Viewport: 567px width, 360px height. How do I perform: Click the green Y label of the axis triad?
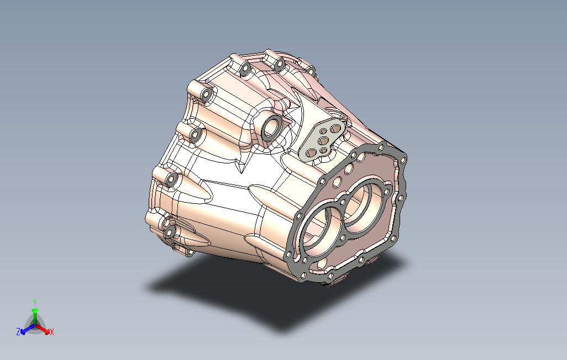[x=35, y=302]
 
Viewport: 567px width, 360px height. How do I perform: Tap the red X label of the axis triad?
[x=52, y=331]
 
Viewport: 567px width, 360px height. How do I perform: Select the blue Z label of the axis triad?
[x=18, y=331]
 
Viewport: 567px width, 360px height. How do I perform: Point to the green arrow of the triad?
[x=35, y=316]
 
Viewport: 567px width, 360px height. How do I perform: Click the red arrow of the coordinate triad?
[x=43, y=329]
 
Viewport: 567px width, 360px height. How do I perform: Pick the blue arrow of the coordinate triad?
[x=28, y=329]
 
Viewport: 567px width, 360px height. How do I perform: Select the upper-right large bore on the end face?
[x=364, y=205]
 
